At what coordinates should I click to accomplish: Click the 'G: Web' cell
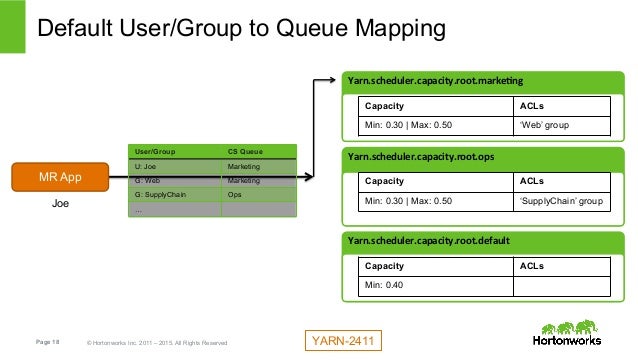[x=174, y=181]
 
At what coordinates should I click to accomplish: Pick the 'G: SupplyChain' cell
[x=174, y=195]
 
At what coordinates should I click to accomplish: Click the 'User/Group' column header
[x=174, y=150]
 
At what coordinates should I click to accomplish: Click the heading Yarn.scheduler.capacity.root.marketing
[x=434, y=80]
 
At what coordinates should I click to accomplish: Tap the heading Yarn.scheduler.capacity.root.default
[x=428, y=241]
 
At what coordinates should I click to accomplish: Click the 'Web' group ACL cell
[x=564, y=125]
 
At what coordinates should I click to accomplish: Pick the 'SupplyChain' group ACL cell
[x=564, y=201]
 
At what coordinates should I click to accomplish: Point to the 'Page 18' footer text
[x=49, y=343]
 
